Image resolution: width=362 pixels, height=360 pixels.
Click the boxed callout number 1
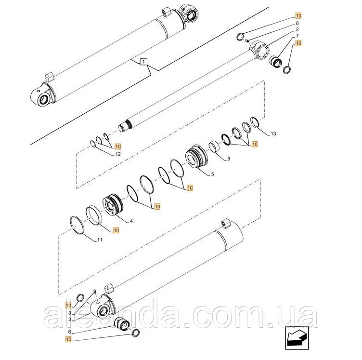pos(143,62)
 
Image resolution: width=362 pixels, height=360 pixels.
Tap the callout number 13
pos(273,134)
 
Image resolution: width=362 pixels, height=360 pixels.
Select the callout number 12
pos(118,154)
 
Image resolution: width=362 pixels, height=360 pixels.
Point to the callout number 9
pos(229,159)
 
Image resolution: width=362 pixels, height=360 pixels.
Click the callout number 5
pos(212,174)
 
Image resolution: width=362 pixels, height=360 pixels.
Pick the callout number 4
pos(131,221)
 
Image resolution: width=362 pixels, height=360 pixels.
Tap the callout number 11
pos(100,240)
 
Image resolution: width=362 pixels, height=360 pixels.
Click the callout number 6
pos(69,332)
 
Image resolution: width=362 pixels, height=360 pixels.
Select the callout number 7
pos(297,36)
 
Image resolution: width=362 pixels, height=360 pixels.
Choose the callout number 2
pos(297,29)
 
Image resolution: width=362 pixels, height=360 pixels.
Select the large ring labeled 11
pos(77,225)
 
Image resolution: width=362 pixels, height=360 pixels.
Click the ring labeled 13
pos(255,122)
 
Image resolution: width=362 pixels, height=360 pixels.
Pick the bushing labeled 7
pos(275,61)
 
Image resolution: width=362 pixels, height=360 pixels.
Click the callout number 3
pos(69,320)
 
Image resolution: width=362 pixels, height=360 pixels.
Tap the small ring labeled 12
pos(93,144)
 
